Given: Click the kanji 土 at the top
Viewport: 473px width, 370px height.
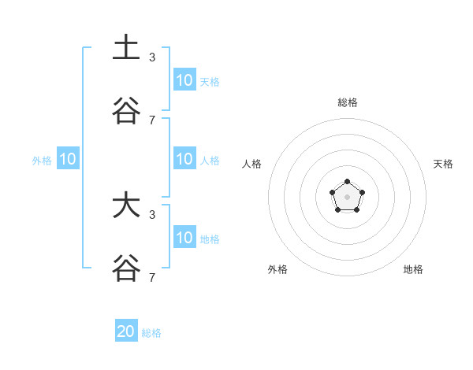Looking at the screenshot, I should [126, 47].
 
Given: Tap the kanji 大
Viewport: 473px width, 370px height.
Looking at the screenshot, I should [126, 206].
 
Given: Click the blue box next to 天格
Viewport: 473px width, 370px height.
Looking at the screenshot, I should [184, 80].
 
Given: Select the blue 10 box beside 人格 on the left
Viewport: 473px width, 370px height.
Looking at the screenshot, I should [184, 159].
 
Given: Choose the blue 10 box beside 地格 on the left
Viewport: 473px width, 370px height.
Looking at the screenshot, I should [184, 238].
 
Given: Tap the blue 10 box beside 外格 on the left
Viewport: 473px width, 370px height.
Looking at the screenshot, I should [68, 159].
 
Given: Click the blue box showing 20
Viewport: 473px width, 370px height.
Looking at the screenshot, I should [126, 331].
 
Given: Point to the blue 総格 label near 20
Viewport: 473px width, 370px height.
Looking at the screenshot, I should [151, 333].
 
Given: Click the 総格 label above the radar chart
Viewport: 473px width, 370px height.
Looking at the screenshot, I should [347, 102].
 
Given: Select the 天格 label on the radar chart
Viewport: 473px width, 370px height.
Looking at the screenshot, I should [444, 164].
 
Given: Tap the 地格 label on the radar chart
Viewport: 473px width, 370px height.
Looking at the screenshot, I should [413, 269].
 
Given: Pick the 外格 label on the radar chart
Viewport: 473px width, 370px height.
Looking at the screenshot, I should [277, 269].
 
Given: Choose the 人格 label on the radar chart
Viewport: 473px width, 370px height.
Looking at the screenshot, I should [252, 164].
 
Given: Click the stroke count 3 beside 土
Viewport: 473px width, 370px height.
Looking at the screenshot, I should [152, 57].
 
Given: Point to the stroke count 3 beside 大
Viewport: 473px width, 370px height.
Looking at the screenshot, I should [152, 214].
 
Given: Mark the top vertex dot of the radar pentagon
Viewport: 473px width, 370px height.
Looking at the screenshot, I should [347, 182].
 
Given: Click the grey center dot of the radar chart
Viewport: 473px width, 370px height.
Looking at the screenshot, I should [347, 196].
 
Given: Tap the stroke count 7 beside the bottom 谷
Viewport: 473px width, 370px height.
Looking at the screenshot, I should [152, 277].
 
